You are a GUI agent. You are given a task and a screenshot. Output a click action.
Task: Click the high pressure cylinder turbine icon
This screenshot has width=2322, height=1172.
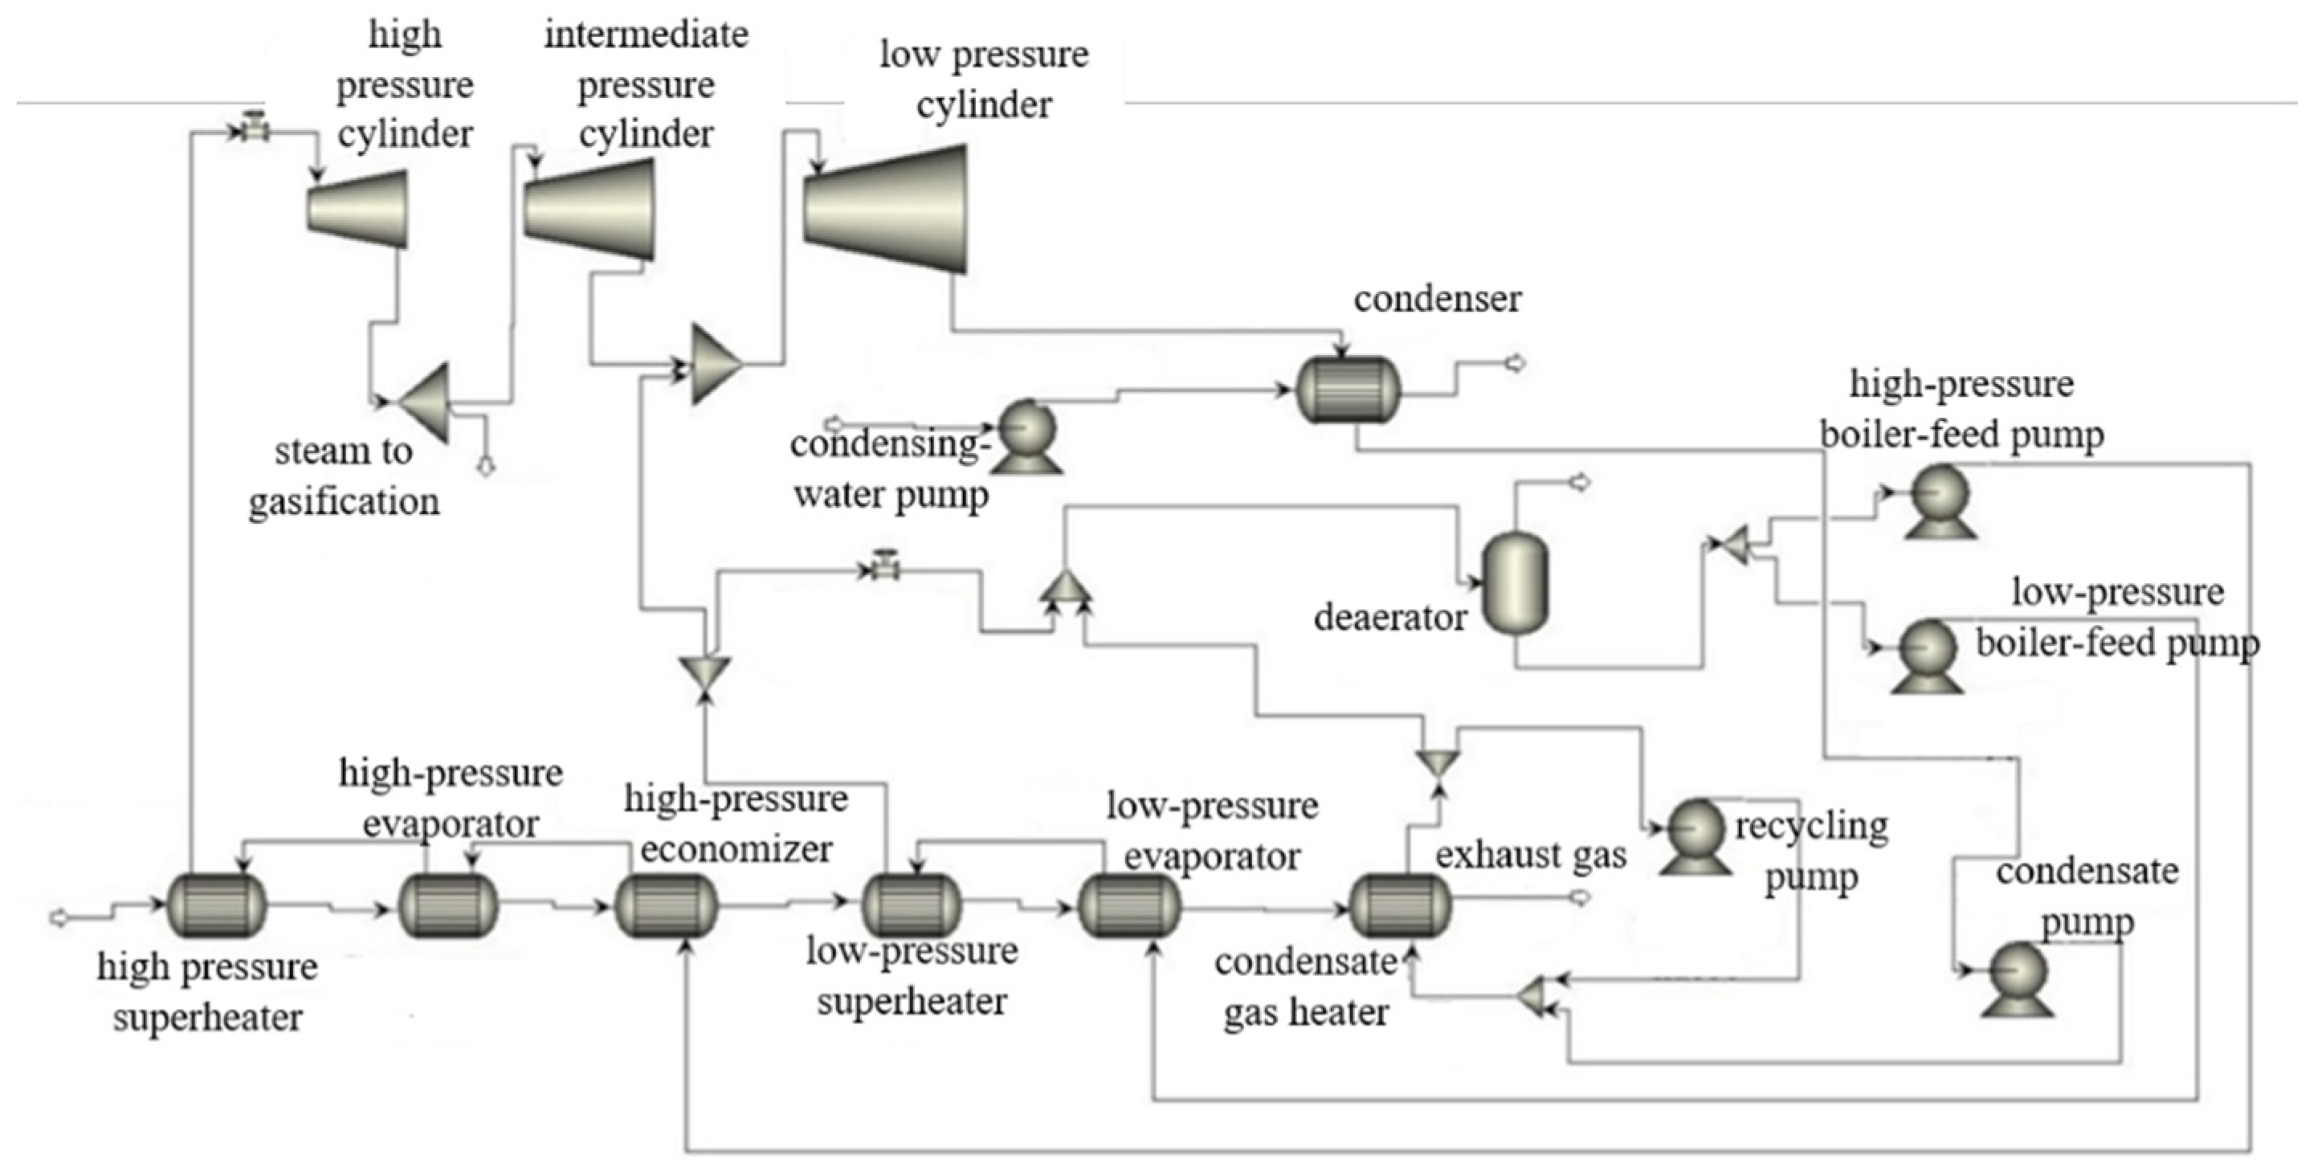click(x=358, y=209)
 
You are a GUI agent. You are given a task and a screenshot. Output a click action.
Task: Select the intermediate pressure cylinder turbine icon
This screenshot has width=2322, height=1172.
click(x=590, y=210)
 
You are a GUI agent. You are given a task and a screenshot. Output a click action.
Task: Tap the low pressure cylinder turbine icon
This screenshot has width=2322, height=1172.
click(x=886, y=209)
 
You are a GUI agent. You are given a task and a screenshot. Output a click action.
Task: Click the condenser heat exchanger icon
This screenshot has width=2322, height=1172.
click(x=1349, y=390)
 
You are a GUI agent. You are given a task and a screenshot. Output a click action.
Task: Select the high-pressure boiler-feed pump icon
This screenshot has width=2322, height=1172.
click(x=1940, y=500)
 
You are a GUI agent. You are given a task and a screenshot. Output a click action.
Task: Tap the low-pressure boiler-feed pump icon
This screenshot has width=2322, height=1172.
click(x=1927, y=655)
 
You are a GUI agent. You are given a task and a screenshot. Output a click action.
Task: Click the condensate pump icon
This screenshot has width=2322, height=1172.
click(x=2018, y=979)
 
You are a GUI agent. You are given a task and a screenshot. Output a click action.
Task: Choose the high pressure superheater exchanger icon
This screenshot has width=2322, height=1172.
click(x=217, y=905)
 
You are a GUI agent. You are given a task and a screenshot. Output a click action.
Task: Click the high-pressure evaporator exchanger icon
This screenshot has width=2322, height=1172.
click(x=448, y=905)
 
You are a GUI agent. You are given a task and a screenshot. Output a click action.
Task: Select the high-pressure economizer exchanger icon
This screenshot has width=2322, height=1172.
click(x=666, y=905)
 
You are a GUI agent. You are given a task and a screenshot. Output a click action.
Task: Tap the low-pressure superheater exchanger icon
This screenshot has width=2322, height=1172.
click(x=912, y=905)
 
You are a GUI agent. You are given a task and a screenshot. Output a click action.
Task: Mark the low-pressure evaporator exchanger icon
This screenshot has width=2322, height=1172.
click(x=1129, y=905)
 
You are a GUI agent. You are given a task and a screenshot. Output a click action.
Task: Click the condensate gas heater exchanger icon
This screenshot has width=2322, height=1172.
click(x=1400, y=905)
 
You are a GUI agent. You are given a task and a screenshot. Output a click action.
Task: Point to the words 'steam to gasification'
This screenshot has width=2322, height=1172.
click(x=344, y=475)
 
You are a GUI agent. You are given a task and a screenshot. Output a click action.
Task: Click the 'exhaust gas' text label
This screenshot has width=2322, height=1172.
click(x=1531, y=854)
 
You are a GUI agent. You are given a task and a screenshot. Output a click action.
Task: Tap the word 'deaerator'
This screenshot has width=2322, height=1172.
click(x=1389, y=618)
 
